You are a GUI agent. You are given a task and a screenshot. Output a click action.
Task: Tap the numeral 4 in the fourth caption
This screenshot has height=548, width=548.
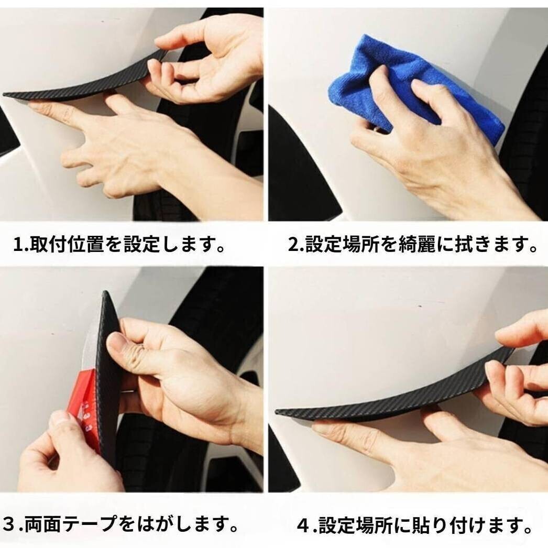point(303,526)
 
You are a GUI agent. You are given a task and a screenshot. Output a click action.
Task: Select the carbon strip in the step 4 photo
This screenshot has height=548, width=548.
point(395,395)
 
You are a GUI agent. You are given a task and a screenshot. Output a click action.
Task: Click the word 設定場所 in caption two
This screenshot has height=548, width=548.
point(343,244)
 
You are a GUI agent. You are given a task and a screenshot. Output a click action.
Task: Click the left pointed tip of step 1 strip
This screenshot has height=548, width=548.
point(4,94)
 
